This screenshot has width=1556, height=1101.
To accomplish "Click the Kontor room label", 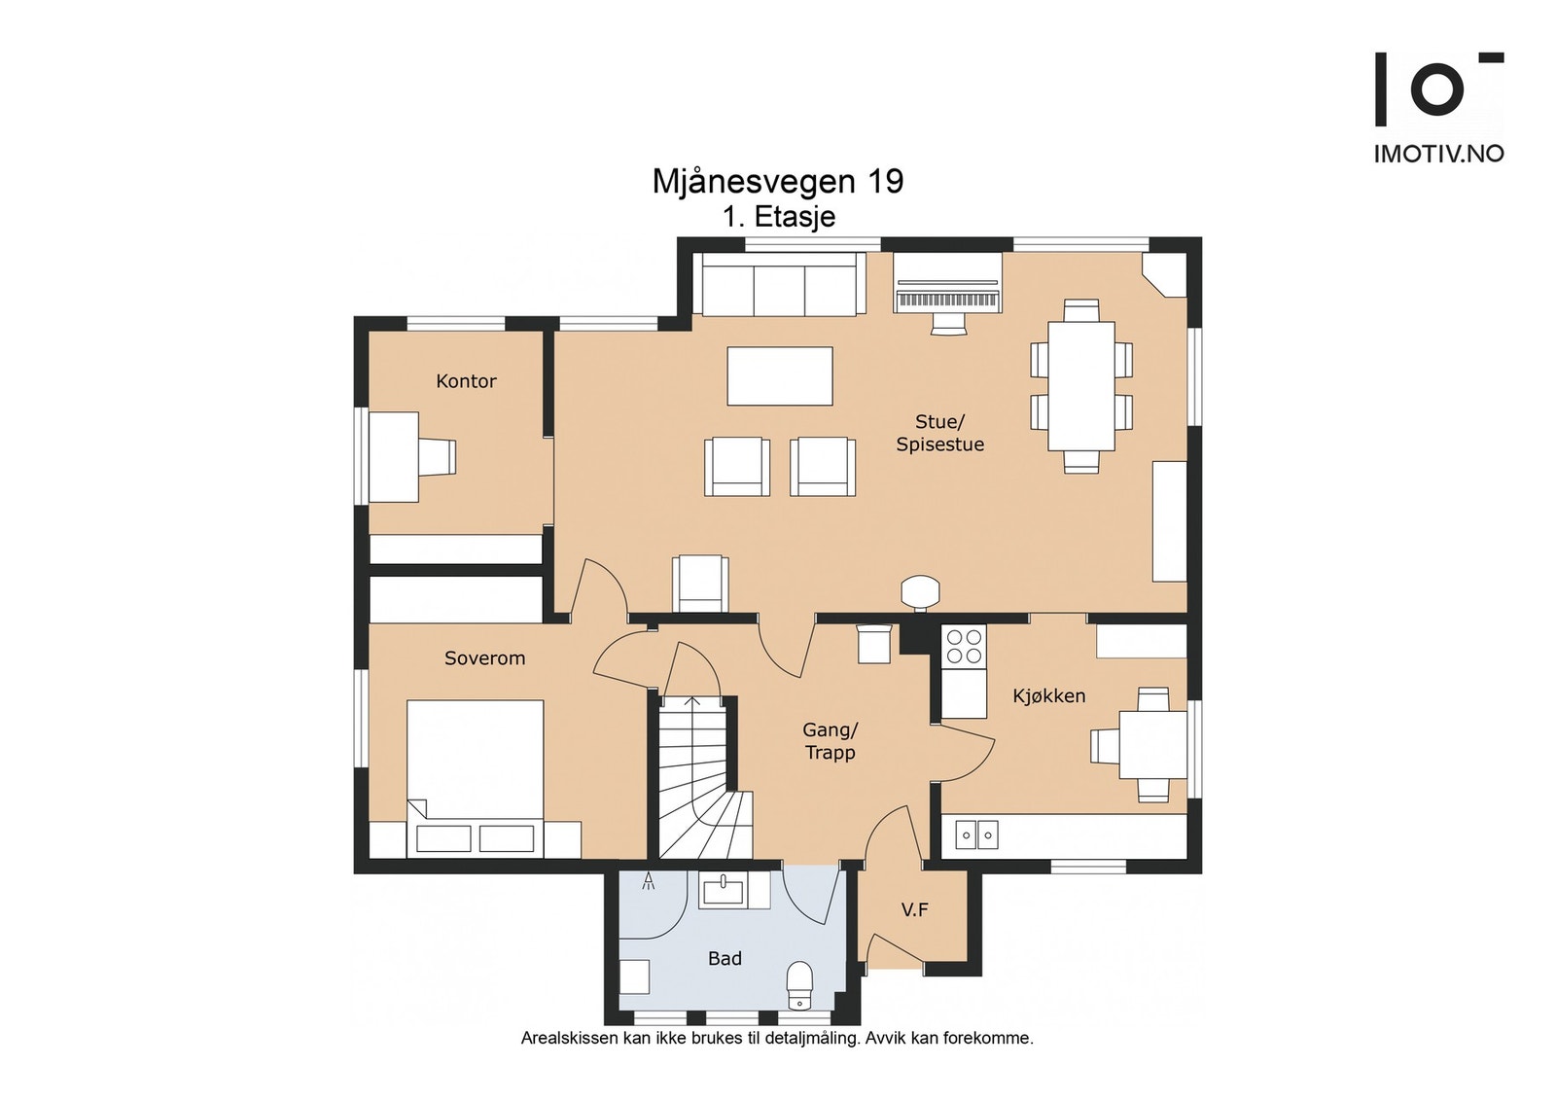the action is (466, 380).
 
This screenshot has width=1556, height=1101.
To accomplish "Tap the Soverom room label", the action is (485, 657).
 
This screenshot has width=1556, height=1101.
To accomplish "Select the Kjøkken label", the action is (1049, 695).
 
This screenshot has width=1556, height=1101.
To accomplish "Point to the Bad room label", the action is (725, 959).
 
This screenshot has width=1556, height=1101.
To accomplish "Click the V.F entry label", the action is (915, 909).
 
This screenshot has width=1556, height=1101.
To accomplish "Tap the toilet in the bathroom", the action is (799, 984).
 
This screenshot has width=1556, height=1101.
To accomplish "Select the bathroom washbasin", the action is (724, 890).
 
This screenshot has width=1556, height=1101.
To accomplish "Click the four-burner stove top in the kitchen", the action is (964, 646).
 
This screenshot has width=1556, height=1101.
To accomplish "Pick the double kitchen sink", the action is (976, 834).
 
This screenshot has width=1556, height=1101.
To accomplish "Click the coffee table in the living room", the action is (779, 375).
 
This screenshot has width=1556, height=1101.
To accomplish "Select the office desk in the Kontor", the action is (393, 457).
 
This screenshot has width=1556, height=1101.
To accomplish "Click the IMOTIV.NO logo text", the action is (1438, 154).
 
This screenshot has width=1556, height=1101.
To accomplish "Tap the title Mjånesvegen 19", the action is (778, 181).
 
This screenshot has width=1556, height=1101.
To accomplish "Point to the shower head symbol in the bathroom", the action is (649, 881).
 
